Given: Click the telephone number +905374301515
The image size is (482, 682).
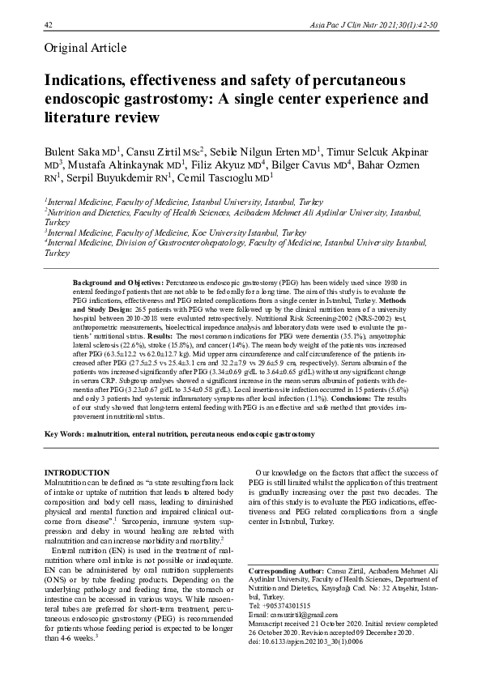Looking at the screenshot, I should (x=296, y=606).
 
